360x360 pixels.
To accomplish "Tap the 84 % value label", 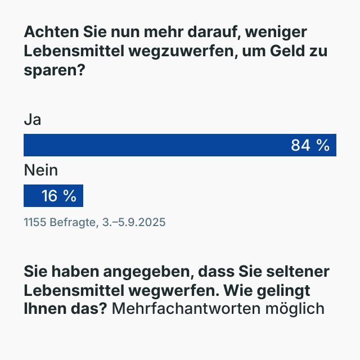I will [x=310, y=145].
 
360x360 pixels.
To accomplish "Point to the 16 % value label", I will [x=58, y=196].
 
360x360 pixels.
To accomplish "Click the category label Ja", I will [x=32, y=120].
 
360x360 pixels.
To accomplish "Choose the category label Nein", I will [x=41, y=170].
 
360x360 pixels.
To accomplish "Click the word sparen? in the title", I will [x=50, y=70].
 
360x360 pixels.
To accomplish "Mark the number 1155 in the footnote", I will [x=35, y=222].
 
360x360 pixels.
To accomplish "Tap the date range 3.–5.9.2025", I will [x=134, y=222].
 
